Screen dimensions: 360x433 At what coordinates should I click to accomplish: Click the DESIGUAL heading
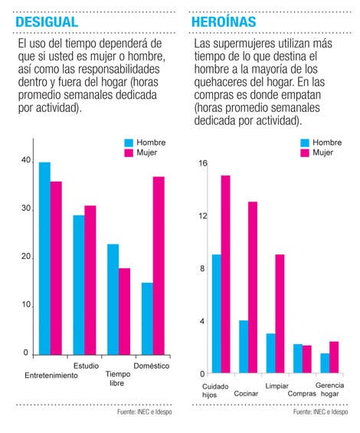point(47,22)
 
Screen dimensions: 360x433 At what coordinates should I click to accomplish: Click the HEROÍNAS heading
point(224,22)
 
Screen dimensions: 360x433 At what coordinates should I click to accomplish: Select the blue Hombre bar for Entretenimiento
point(44,258)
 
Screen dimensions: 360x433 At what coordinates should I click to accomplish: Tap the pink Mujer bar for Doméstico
point(159,266)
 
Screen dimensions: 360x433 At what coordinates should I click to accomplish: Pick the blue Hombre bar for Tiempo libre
point(113,300)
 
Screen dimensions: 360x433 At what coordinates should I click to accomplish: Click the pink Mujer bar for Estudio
point(90,280)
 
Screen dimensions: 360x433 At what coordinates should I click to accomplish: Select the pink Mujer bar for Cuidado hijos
point(225,274)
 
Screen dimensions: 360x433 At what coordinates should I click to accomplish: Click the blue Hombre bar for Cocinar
point(244,347)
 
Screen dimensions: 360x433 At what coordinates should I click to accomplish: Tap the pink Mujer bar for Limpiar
point(280,313)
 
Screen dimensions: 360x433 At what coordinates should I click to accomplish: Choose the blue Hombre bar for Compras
point(298,359)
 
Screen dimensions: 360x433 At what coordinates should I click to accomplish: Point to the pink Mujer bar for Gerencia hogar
point(334,357)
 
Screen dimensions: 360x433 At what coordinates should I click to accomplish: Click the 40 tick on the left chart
point(26,160)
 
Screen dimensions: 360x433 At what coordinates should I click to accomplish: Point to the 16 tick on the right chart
point(203,163)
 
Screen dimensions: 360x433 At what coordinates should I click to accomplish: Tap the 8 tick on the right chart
point(202,268)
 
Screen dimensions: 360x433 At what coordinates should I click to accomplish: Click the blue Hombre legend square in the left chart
point(129,143)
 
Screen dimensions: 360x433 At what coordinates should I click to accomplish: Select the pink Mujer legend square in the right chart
point(305,153)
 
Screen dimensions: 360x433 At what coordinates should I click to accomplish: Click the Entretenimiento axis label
point(51,376)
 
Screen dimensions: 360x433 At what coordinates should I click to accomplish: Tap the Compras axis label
point(302,393)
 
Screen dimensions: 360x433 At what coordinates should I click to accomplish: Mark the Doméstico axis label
point(152,366)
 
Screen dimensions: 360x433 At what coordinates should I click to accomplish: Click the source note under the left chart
point(145,412)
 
